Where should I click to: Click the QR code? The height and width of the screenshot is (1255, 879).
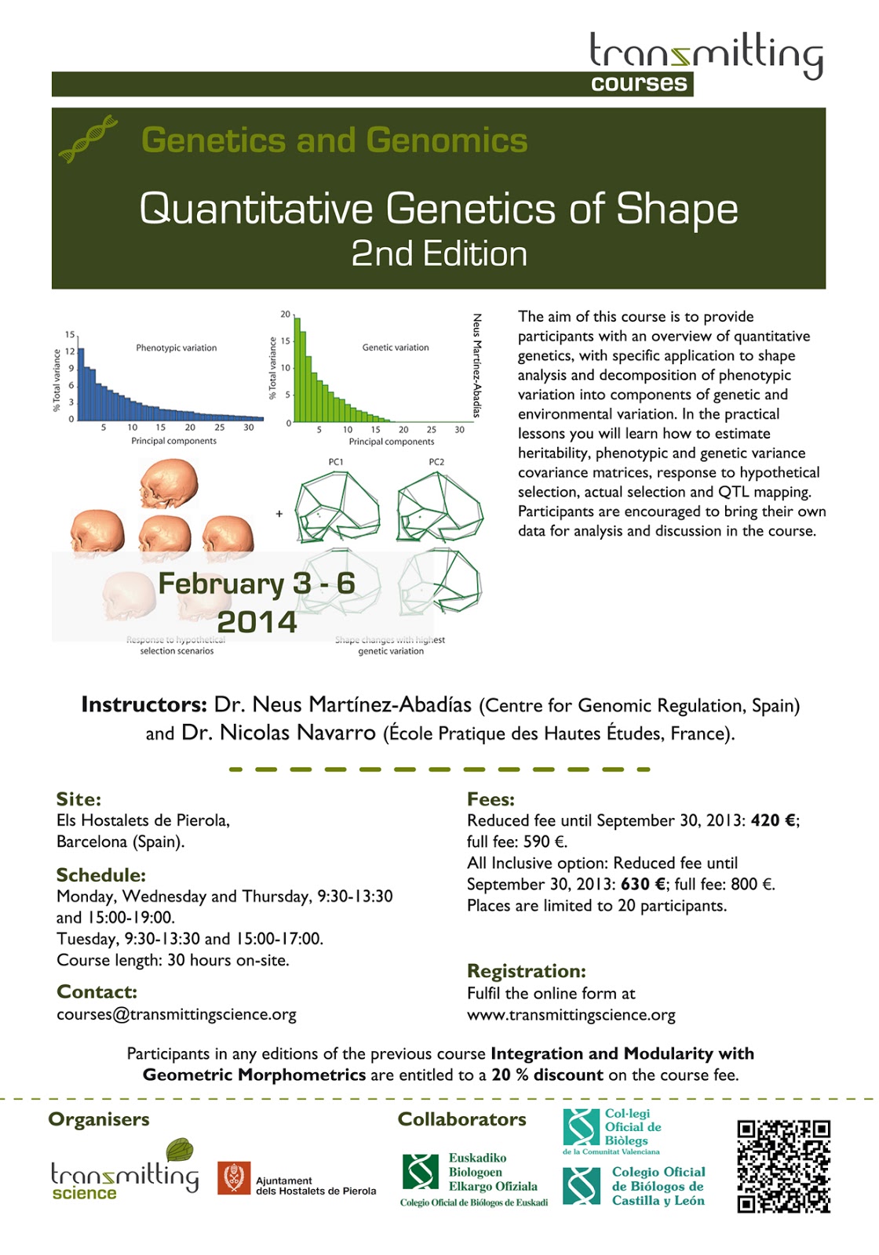click(783, 1166)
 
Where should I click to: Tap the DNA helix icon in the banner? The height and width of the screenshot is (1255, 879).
click(88, 139)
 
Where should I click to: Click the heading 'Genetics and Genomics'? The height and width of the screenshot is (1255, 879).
click(334, 140)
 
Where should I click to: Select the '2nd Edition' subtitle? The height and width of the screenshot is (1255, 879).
click(439, 254)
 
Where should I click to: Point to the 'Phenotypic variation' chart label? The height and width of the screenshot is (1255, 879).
click(176, 347)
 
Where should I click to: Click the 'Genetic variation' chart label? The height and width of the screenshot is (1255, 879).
click(396, 347)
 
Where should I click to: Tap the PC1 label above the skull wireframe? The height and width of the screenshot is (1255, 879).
click(336, 462)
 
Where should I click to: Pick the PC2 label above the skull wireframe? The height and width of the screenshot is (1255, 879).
click(436, 462)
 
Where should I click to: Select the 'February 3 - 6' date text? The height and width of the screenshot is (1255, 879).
click(257, 584)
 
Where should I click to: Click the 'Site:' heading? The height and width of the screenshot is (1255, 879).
click(78, 799)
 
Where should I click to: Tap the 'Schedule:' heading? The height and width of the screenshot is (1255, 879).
click(101, 875)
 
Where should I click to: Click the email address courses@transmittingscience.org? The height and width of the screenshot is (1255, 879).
click(177, 1014)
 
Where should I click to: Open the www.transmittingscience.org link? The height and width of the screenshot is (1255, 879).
click(571, 1015)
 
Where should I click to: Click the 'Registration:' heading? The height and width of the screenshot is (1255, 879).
click(527, 971)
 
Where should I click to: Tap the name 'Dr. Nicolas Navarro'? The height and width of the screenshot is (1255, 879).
click(279, 733)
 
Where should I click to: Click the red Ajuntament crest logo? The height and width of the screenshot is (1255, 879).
click(234, 1178)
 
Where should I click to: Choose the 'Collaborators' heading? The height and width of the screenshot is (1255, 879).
click(461, 1119)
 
